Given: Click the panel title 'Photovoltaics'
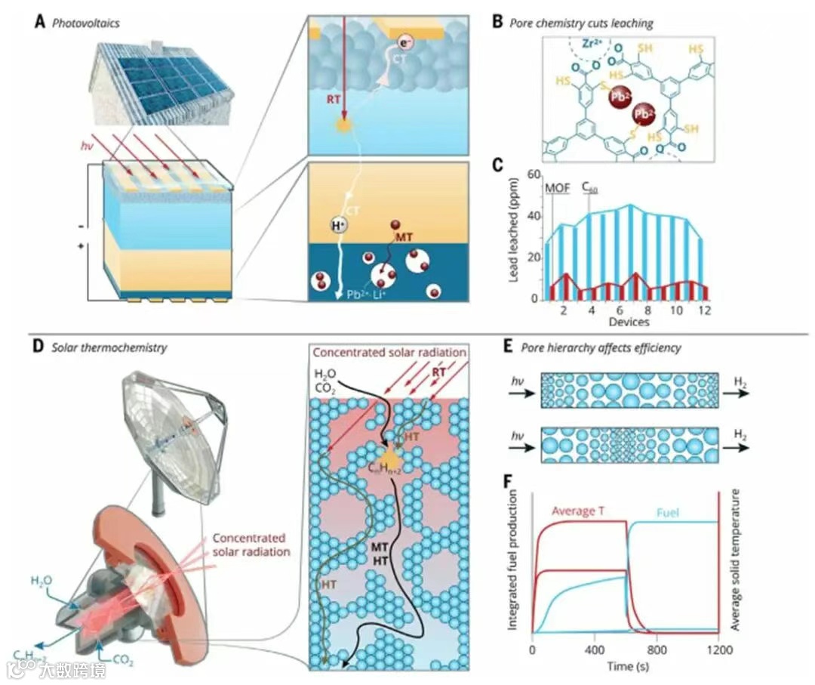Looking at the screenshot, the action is pos(86,23).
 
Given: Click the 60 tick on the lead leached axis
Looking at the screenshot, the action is pos(534,174).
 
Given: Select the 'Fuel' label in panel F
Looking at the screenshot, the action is pos(668,511).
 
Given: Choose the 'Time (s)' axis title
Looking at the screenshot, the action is pos(626,666).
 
